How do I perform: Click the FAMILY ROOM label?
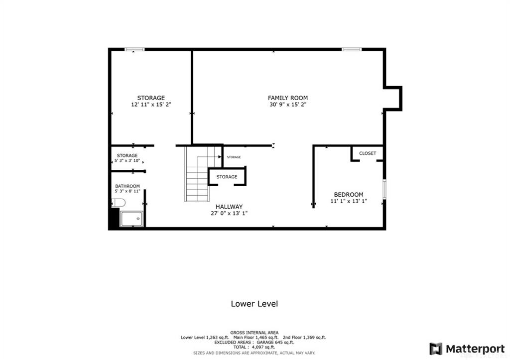pyautogui.click(x=287, y=98)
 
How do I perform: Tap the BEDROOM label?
pyautogui.click(x=348, y=195)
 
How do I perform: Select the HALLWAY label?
pyautogui.click(x=229, y=207)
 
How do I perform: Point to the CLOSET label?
pyautogui.click(x=368, y=153)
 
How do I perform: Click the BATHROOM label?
pyautogui.click(x=127, y=186)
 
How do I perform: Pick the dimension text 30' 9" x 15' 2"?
pyautogui.click(x=288, y=105)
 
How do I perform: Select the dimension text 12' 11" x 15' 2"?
pyautogui.click(x=151, y=105)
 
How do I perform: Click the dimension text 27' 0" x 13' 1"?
pyautogui.click(x=229, y=214)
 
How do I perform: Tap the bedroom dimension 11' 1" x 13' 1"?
pyautogui.click(x=349, y=201)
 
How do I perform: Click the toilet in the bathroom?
pyautogui.click(x=119, y=203)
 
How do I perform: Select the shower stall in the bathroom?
pyautogui.click(x=131, y=219)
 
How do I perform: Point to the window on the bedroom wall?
pyautogui.click(x=384, y=189)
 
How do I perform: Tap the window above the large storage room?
pyautogui.click(x=134, y=49)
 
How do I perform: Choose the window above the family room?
pyautogui.click(x=352, y=49)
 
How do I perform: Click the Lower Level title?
pyautogui.click(x=255, y=304)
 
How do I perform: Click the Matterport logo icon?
pyautogui.click(x=436, y=349)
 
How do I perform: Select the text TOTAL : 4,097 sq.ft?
pyautogui.click(x=255, y=348)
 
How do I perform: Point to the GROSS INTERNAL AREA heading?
pyautogui.click(x=255, y=333)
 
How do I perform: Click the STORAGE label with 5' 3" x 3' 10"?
pyautogui.click(x=127, y=155)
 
